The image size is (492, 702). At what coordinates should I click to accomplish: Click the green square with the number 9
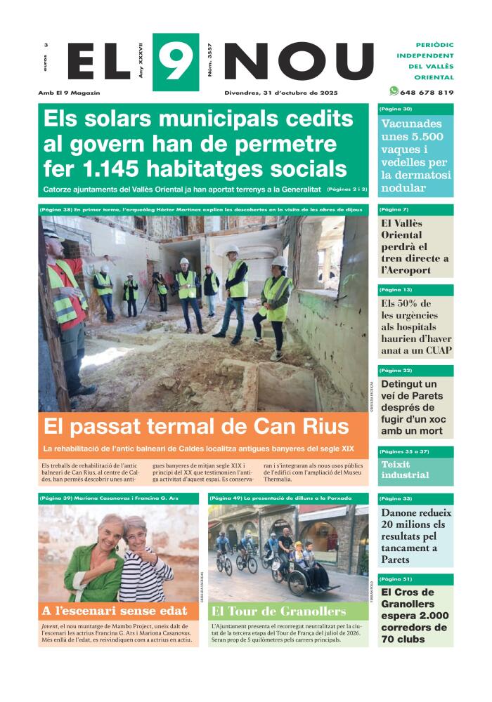(x=175, y=62)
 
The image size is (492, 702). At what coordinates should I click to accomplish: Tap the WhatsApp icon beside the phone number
(x=394, y=91)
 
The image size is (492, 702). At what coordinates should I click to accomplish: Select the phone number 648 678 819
(x=427, y=92)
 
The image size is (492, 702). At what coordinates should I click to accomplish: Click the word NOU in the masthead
(x=299, y=62)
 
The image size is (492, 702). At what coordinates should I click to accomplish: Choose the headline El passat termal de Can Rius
(x=196, y=426)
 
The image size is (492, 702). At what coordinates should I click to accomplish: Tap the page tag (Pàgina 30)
(x=396, y=109)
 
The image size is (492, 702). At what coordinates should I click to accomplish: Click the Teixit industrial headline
(x=405, y=469)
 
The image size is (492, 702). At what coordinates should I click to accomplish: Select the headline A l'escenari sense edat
(x=115, y=611)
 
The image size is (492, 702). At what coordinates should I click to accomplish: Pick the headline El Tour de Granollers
(x=278, y=611)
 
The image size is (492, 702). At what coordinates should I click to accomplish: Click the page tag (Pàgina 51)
(x=396, y=579)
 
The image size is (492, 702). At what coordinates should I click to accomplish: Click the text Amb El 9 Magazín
(x=70, y=93)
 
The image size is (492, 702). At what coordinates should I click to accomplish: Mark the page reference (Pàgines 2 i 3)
(x=347, y=190)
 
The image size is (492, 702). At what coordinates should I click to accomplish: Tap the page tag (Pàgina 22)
(x=396, y=370)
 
